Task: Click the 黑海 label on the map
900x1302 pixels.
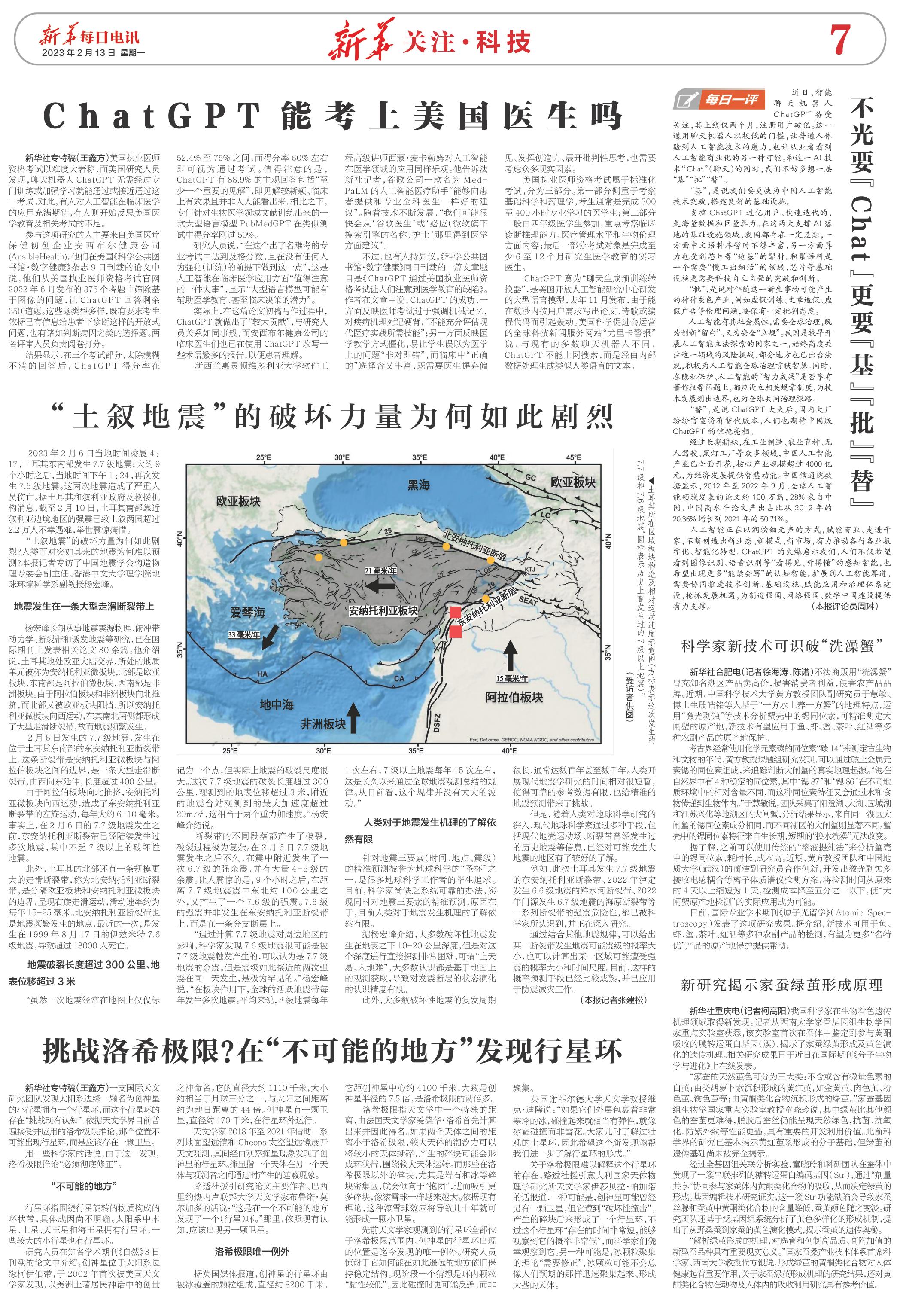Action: click(418, 485)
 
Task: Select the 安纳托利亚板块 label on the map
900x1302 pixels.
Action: click(383, 611)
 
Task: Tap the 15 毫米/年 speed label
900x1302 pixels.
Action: click(512, 679)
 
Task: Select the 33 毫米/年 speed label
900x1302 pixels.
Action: click(243, 634)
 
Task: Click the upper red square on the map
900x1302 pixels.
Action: click(455, 612)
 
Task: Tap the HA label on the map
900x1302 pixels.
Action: click(262, 674)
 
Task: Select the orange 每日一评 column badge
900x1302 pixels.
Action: click(719, 100)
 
